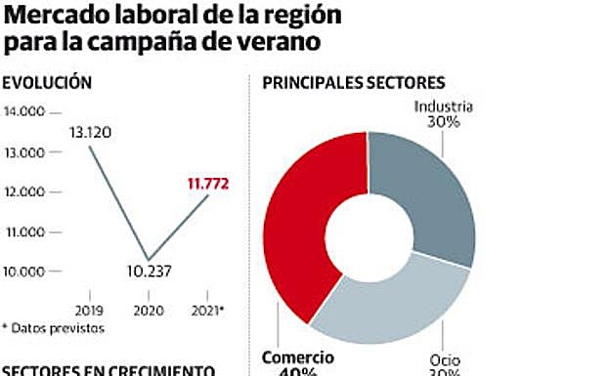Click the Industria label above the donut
(444, 106)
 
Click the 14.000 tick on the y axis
(25, 112)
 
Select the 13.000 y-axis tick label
(25, 152)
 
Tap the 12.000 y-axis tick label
(25, 192)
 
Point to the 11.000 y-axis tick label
(25, 231)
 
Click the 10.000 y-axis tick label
(25, 272)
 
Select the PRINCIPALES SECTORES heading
(353, 84)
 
